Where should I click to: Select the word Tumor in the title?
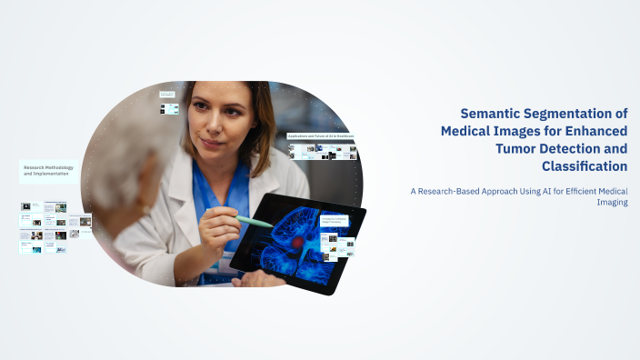coord(528,148)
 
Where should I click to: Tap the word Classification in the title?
coord(584,165)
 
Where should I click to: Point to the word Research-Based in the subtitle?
coord(451,191)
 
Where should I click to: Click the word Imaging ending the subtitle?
coord(614,203)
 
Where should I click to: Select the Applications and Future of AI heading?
coord(320,136)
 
